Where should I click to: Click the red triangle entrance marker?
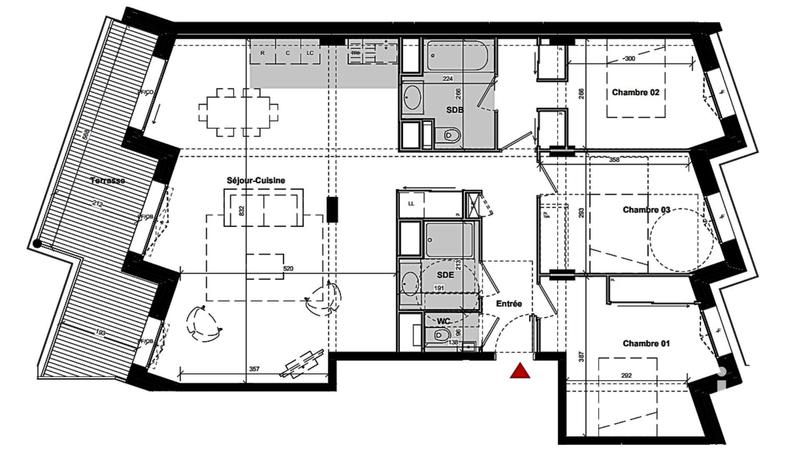click(520, 372)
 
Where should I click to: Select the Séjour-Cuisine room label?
click(257, 180)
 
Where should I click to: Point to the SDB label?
click(453, 108)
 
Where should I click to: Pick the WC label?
click(442, 321)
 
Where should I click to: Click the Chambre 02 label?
click(634, 93)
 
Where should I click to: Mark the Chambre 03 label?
click(646, 210)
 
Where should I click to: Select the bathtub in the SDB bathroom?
click(456, 56)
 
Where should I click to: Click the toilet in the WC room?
click(441, 339)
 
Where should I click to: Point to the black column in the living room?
click(333, 210)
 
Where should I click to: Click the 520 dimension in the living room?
click(288, 269)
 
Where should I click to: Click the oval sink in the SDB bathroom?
click(412, 98)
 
